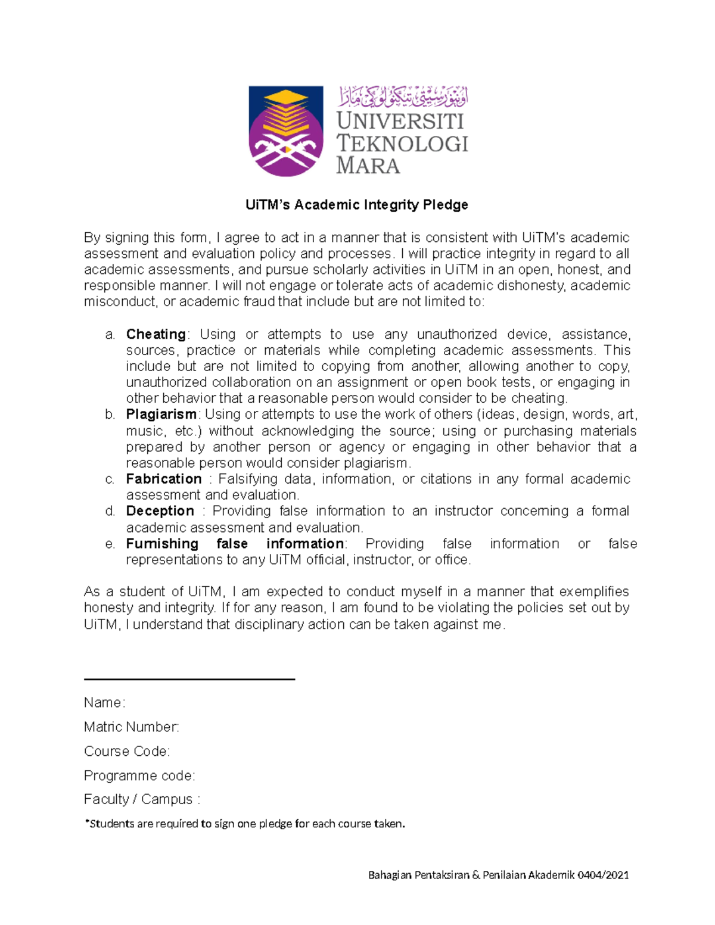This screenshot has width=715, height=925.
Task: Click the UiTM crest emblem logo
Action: [x=285, y=131]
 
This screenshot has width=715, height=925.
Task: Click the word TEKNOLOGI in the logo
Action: [x=402, y=144]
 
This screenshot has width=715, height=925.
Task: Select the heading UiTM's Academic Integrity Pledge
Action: [x=356, y=205]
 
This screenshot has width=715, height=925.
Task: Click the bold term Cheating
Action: [x=156, y=334]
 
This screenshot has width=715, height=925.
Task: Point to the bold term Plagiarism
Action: [x=161, y=414]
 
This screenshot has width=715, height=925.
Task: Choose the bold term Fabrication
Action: [x=164, y=479]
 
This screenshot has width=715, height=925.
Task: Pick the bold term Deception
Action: [x=160, y=511]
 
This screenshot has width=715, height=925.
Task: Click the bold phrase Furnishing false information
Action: [x=235, y=544]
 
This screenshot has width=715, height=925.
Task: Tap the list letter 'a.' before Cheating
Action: [x=110, y=335]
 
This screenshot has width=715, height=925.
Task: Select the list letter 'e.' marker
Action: [x=110, y=544]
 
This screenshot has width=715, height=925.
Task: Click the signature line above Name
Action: [x=189, y=678]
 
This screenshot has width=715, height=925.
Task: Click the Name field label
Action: [x=104, y=703]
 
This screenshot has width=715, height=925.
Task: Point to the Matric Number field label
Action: [x=131, y=727]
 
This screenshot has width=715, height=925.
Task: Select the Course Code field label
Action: [x=127, y=752]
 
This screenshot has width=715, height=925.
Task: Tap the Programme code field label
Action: [x=139, y=775]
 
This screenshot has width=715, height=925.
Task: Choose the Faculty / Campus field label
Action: [x=142, y=799]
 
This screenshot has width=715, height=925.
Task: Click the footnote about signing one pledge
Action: [x=245, y=824]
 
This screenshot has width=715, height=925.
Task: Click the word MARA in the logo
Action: [x=368, y=166]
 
